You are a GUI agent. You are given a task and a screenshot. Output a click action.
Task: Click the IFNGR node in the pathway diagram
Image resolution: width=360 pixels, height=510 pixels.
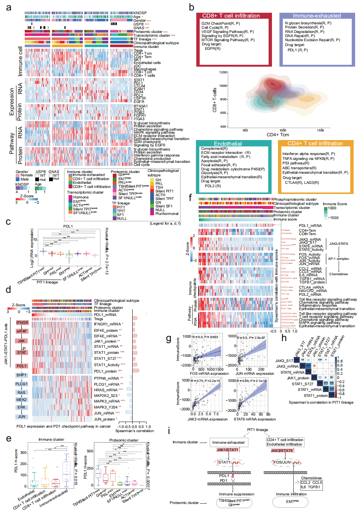22,322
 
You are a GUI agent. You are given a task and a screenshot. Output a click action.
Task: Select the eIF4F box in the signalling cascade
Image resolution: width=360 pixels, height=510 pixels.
22,331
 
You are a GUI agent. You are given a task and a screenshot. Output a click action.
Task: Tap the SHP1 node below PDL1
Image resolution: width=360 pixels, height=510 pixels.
21,375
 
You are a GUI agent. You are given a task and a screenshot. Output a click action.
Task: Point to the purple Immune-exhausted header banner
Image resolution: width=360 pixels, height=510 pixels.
317,16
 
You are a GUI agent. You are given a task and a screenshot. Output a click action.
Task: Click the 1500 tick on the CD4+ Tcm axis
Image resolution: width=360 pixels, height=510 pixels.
320,130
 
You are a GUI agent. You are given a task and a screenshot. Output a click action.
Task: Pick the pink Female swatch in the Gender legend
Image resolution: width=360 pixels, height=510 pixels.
18,175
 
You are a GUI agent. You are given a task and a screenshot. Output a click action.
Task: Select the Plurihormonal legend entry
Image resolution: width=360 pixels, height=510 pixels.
167,214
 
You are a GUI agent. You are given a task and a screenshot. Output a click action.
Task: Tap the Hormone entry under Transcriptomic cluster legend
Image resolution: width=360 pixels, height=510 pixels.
81,197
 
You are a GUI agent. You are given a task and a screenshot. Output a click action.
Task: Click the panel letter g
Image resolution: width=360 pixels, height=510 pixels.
169,339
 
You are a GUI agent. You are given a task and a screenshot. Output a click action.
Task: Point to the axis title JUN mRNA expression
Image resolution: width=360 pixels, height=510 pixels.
255,373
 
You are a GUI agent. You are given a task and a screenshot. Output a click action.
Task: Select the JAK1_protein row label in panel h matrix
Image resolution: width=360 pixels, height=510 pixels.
298,378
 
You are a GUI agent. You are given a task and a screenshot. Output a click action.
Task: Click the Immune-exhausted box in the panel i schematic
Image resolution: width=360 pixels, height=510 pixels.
228,442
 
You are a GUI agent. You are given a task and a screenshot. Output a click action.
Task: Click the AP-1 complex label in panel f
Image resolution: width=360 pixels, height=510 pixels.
338,259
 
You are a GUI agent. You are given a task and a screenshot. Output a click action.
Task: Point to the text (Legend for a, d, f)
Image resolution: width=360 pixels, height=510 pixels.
165,224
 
